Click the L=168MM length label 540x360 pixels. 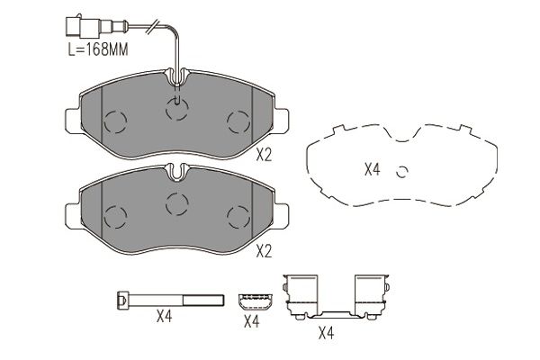tap(98, 49)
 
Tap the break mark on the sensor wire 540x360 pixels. tap(153, 26)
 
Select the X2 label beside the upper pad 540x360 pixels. tap(264, 156)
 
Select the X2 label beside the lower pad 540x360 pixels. tap(264, 251)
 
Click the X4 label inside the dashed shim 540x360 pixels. tap(373, 169)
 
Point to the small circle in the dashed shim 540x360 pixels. tap(402, 171)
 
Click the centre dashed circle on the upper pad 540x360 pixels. tap(177, 109)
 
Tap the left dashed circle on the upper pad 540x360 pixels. tap(115, 122)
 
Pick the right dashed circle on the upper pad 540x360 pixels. tap(238, 122)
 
